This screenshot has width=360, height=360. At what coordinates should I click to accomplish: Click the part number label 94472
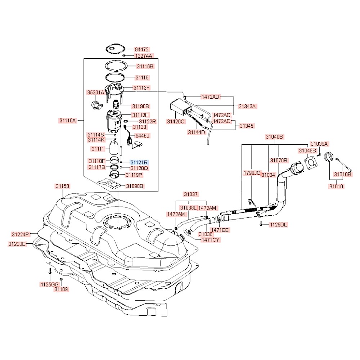tap(141, 49)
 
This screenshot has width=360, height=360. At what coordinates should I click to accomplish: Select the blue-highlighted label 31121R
tap(139, 162)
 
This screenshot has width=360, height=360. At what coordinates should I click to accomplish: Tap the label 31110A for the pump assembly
tap(68, 121)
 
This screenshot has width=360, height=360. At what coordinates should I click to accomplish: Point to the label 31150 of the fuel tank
tap(62, 186)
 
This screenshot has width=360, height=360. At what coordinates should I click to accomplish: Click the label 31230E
tap(17, 244)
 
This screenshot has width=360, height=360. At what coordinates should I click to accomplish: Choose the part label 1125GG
tap(49, 284)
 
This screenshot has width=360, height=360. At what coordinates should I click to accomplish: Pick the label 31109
tap(61, 289)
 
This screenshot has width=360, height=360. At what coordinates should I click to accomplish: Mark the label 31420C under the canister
tap(175, 121)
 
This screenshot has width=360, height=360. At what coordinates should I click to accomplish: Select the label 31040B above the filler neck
tap(275, 137)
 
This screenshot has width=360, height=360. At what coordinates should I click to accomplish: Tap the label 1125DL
tap(279, 225)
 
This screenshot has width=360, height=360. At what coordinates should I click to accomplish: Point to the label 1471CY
tap(211, 239)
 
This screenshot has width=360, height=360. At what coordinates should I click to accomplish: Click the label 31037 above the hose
tap(191, 194)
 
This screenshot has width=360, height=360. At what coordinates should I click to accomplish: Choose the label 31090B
tap(135, 186)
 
